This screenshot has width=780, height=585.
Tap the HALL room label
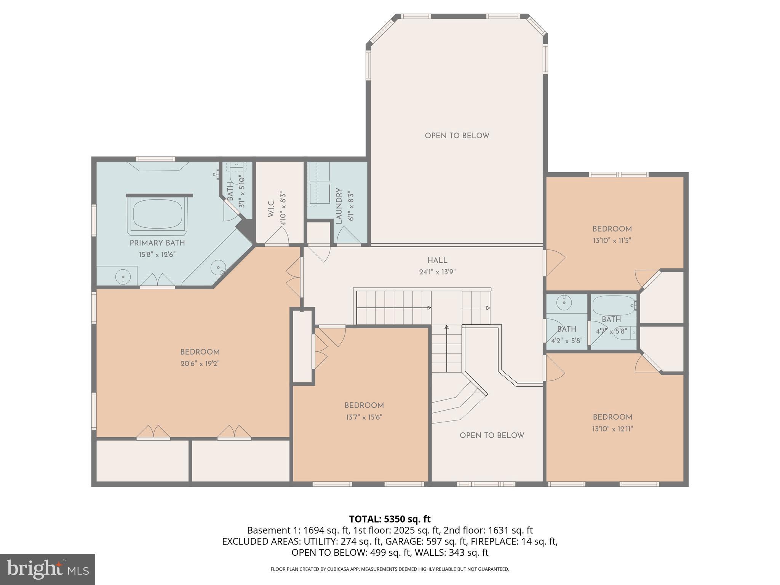[437, 261]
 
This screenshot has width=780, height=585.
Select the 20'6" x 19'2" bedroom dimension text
[200, 364]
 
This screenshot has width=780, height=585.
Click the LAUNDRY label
[339, 206]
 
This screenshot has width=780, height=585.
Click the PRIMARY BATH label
[157, 243]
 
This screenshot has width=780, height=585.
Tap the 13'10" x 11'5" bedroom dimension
[612, 241]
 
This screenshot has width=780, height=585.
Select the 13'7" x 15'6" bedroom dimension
[364, 417]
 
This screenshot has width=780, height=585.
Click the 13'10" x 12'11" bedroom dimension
[612, 429]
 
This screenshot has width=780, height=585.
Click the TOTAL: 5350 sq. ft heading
[390, 519]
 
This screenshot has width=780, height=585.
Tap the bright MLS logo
[47, 569]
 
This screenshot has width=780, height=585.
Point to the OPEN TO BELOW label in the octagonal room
[457, 136]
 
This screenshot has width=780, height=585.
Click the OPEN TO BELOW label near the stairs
[492, 435]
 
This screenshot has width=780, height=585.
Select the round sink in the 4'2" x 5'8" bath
[564, 303]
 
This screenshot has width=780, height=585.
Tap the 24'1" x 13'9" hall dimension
[437, 272]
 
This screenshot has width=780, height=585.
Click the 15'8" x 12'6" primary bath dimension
[157, 254]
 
